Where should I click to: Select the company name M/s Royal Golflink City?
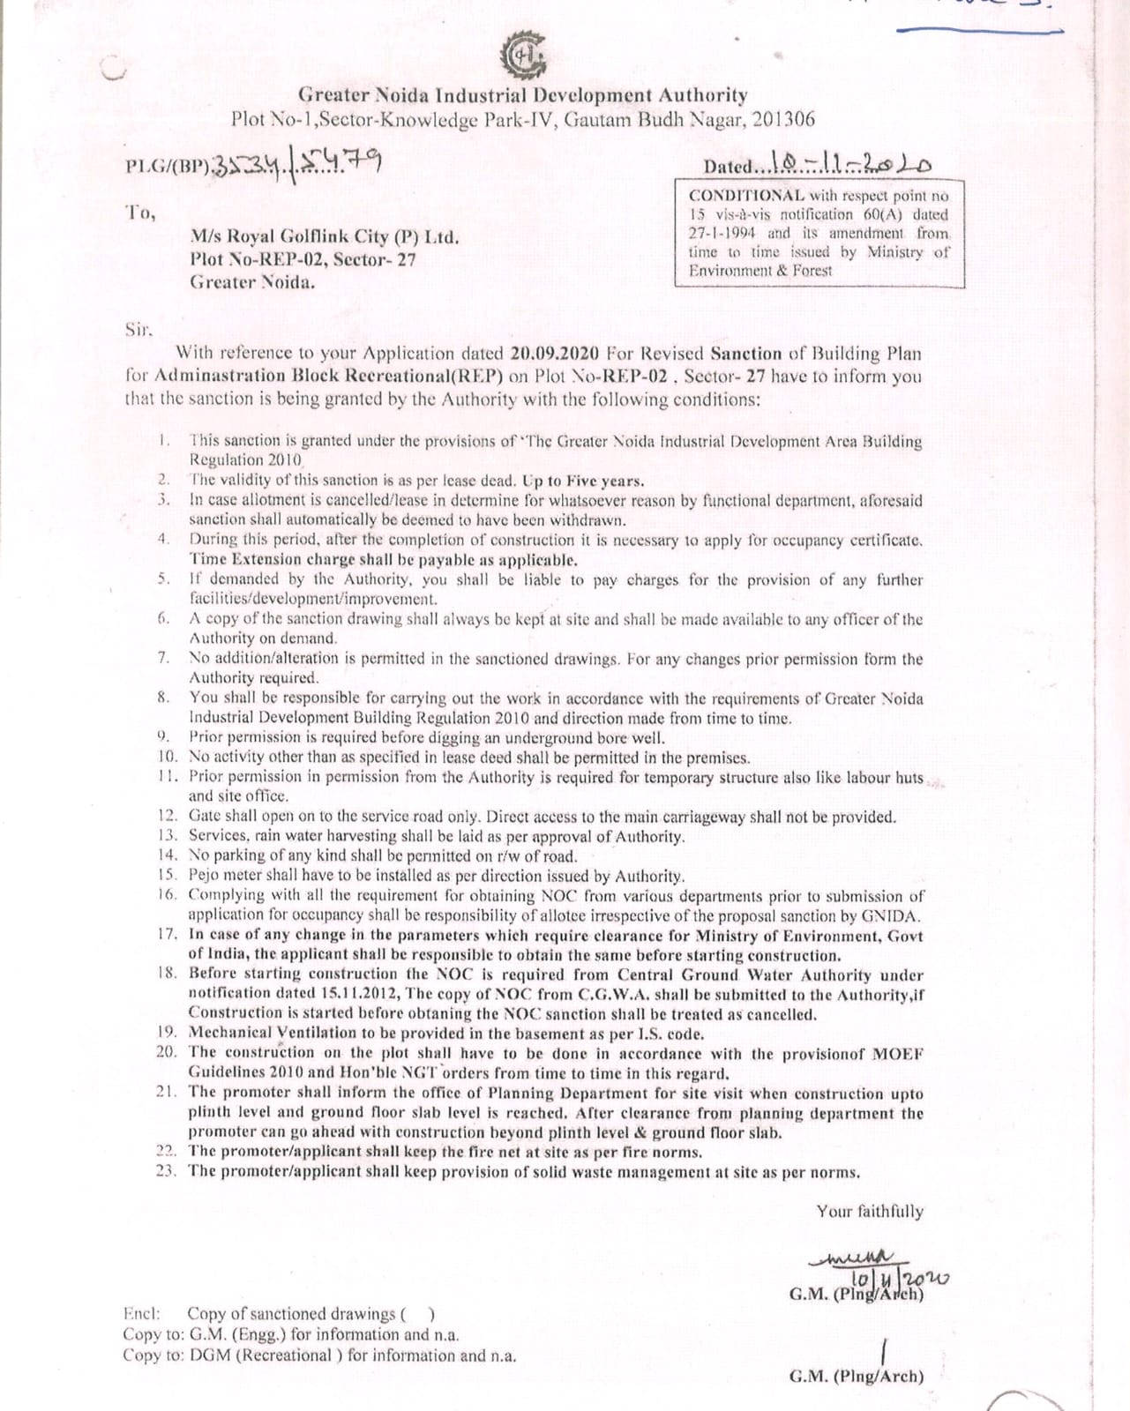324,236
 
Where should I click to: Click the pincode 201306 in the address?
780,119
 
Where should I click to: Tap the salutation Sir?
139,330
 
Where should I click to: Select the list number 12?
168,817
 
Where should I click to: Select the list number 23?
167,1171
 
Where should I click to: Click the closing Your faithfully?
869,1212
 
